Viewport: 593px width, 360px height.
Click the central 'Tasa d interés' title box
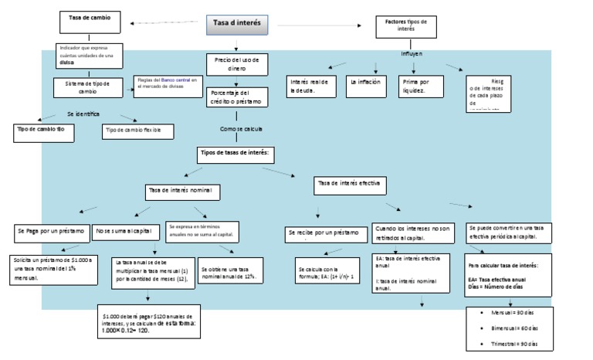236,25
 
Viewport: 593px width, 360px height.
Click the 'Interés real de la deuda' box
310,86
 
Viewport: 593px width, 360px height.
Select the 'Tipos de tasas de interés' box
236,154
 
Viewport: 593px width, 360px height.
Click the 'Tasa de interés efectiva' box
350,185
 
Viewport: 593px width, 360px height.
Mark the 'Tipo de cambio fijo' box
46,129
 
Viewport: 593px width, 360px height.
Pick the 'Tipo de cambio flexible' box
133,131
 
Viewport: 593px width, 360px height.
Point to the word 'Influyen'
412,53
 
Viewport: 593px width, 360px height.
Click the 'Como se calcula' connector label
241,129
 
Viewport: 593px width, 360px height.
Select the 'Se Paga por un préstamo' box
51,231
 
